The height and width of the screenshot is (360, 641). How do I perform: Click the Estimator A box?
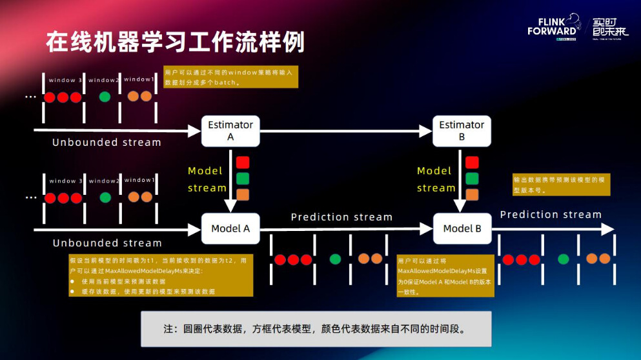click(230, 131)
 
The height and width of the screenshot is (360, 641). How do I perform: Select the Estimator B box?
click(462, 131)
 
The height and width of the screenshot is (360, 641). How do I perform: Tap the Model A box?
click(230, 228)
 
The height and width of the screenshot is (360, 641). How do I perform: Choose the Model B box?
click(462, 228)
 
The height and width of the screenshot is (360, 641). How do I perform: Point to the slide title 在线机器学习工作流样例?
click(175, 42)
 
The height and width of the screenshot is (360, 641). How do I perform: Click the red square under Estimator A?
click(243, 163)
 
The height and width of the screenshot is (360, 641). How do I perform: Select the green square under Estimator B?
click(472, 178)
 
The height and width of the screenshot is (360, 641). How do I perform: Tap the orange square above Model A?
click(243, 194)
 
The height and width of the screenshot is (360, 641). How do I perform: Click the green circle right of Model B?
click(563, 259)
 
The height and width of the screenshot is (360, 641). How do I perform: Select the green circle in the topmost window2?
click(104, 97)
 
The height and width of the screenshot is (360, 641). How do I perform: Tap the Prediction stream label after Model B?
click(551, 214)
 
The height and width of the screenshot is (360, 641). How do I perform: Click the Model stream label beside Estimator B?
click(434, 179)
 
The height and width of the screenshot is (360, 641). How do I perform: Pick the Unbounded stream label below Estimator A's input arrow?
click(107, 143)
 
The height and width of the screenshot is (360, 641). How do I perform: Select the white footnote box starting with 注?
click(316, 328)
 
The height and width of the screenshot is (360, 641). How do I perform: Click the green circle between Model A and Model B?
click(335, 259)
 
